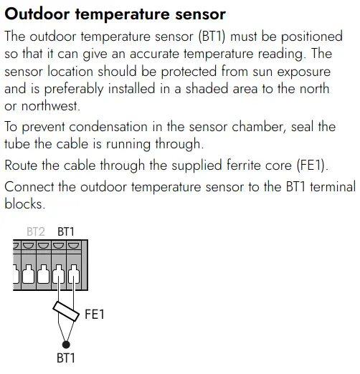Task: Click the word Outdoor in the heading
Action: tap(37, 14)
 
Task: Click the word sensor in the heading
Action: tap(201, 14)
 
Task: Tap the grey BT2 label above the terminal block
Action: tap(36, 231)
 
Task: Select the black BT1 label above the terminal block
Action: tap(66, 231)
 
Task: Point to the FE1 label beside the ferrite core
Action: tap(95, 314)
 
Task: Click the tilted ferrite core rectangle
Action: tap(66, 312)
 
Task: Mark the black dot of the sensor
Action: tap(66, 345)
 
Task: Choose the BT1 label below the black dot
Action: tap(66, 358)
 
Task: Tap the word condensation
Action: tap(108, 127)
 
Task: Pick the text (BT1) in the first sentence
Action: tap(212, 37)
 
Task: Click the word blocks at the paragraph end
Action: tap(24, 204)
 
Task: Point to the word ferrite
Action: tap(242, 165)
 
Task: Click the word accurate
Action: tap(154, 54)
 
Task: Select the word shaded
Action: tap(207, 89)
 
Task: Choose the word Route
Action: tap(21, 166)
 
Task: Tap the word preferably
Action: tap(74, 90)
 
